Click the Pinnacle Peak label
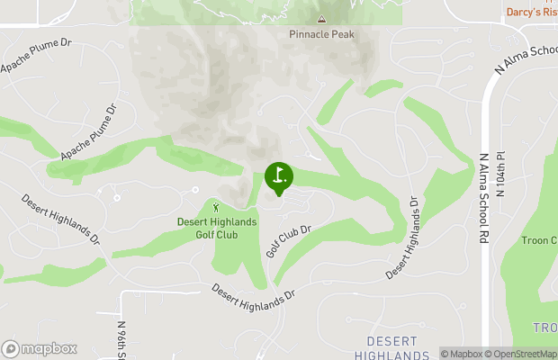[321, 34]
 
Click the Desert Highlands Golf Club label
[216, 228]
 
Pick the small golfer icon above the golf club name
[216, 208]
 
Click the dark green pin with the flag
[279, 177]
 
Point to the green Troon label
[540, 240]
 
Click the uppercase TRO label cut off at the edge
[544, 326]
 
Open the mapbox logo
[39, 348]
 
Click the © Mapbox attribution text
[463, 354]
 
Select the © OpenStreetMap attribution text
[522, 354]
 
